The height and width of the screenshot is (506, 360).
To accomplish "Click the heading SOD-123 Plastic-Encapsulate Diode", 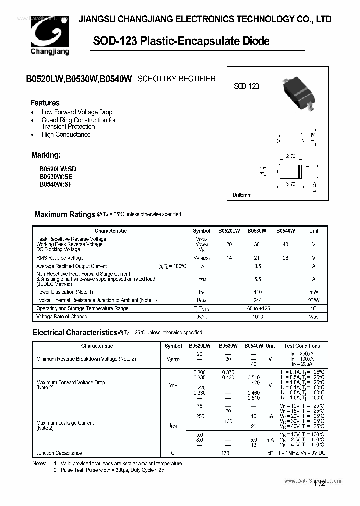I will click(x=181, y=41).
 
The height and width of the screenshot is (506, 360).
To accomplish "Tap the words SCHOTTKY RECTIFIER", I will click(x=176, y=79).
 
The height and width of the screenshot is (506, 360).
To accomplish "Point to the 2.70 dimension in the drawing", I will click(x=291, y=156).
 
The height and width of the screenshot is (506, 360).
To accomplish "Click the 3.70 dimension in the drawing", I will click(x=290, y=184).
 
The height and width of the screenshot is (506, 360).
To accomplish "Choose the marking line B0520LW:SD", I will click(x=58, y=169).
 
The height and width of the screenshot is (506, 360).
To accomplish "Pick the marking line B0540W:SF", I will click(x=56, y=184).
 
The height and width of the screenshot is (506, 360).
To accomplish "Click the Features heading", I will click(x=45, y=103).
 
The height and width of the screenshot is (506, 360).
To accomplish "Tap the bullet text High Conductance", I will click(x=66, y=134).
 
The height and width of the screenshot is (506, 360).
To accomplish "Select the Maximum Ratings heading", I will click(x=64, y=214).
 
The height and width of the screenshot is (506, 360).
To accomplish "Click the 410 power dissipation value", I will click(x=257, y=292).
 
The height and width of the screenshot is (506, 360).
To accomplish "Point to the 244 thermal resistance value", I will click(x=257, y=300).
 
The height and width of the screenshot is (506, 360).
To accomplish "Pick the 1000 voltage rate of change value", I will click(x=257, y=316).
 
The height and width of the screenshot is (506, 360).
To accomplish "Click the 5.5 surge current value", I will click(x=257, y=279).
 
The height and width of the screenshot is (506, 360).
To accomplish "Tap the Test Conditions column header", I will click(x=302, y=346).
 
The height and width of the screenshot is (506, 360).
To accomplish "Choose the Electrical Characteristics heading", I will click(x=75, y=332).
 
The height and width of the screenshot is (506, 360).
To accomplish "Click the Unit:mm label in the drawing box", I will click(x=242, y=195).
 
